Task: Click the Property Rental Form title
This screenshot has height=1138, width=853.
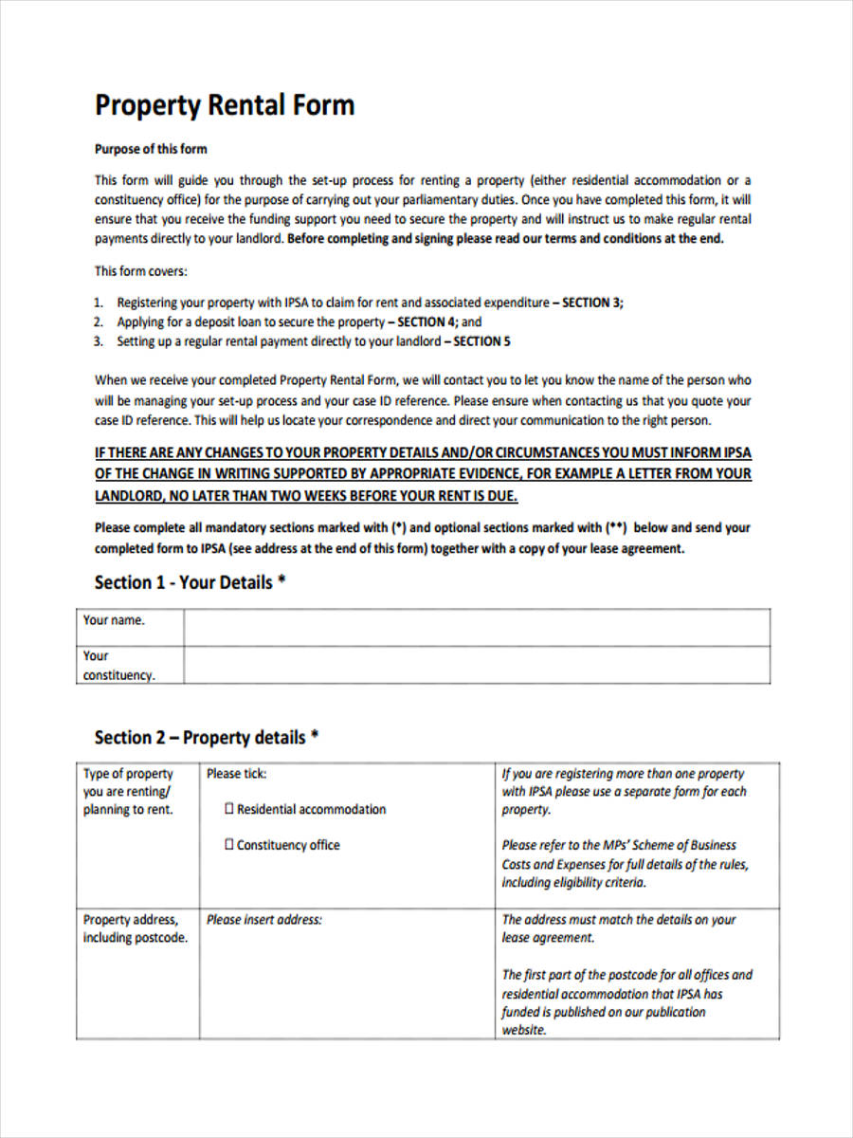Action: (224, 104)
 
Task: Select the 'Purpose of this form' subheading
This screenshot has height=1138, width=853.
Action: (150, 149)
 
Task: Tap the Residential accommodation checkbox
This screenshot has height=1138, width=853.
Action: (229, 809)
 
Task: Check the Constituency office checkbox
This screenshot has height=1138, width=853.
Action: (229, 845)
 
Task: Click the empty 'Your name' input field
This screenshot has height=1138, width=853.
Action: (476, 627)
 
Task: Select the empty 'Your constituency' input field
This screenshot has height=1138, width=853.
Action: (476, 665)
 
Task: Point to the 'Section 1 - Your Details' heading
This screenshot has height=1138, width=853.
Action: (190, 582)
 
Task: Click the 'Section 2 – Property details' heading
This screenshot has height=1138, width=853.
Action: (206, 737)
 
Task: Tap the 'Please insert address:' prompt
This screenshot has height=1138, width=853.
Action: (264, 919)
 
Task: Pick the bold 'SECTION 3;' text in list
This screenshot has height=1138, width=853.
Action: (592, 303)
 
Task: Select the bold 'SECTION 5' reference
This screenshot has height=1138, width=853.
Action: (481, 341)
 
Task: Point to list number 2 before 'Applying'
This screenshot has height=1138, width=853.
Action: (98, 321)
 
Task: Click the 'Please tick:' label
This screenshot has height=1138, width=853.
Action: (237, 774)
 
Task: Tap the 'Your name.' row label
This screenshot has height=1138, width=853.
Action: (114, 620)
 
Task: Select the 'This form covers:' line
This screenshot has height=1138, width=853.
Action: (140, 271)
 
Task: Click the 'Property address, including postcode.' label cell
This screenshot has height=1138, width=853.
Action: (135, 928)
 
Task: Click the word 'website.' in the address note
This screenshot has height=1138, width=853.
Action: (524, 1030)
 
